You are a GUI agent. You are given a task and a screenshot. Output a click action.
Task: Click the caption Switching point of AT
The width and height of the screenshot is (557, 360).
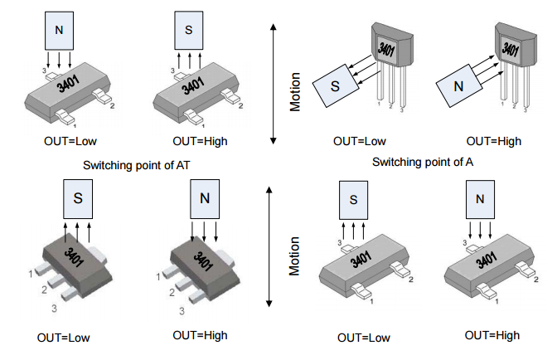click(137, 165)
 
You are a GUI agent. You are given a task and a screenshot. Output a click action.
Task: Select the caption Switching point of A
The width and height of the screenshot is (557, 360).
click(423, 161)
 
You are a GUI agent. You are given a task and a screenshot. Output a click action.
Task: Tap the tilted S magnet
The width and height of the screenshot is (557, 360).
click(334, 85)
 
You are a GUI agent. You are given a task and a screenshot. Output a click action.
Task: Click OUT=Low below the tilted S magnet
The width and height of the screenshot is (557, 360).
click(360, 141)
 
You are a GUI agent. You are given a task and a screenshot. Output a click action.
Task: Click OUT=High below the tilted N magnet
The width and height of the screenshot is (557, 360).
click(494, 141)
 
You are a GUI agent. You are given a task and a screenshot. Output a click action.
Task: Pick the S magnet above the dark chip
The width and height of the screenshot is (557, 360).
click(78, 200)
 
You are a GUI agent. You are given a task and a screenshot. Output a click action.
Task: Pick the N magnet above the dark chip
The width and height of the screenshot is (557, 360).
click(204, 199)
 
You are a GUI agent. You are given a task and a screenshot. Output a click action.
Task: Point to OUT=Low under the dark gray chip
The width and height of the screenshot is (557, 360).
click(64, 338)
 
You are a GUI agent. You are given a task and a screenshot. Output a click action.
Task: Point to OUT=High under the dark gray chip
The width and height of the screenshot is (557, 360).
click(200, 335)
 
